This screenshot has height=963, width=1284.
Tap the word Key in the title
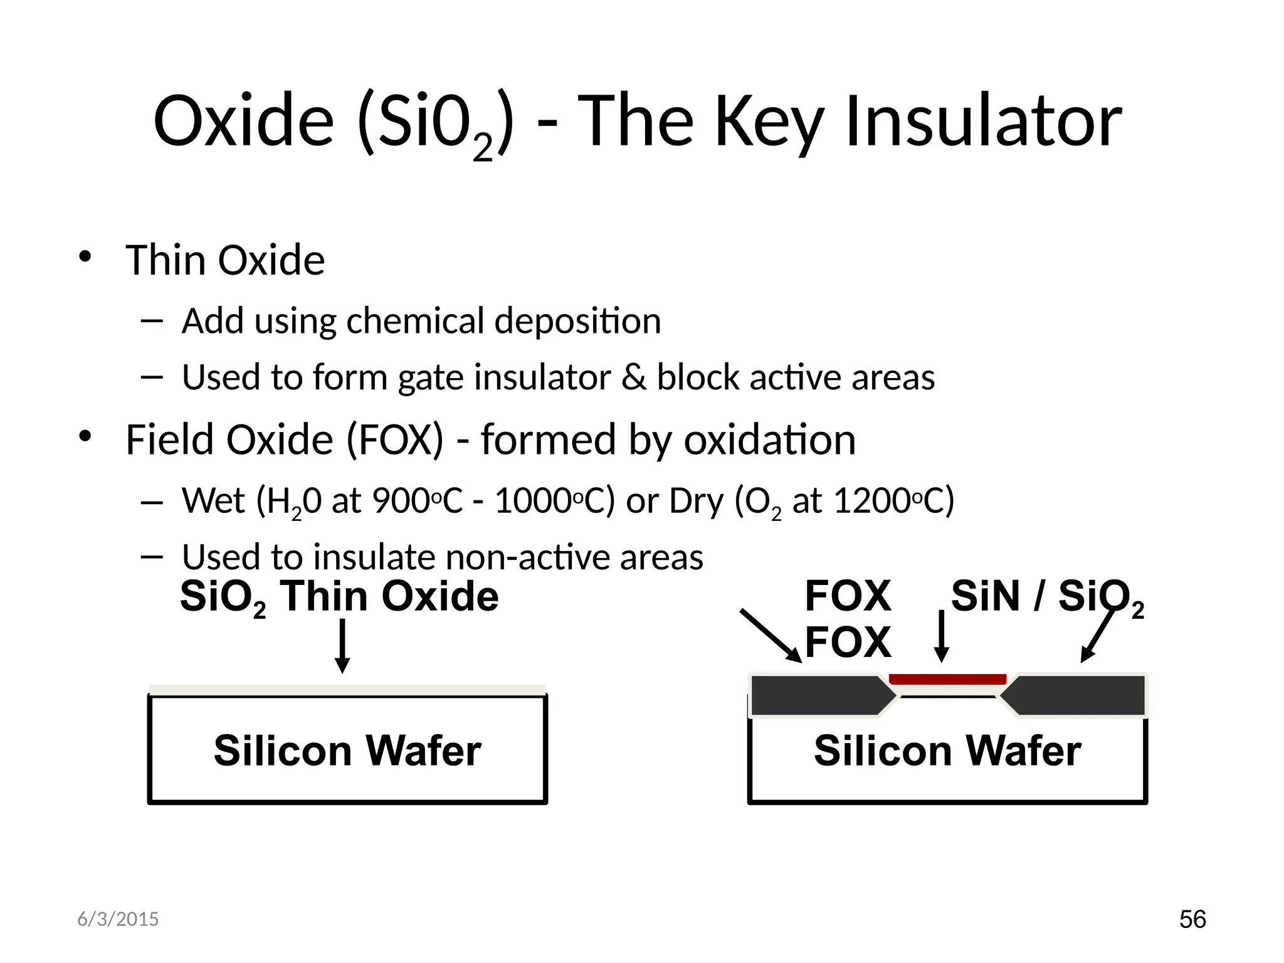tap(769, 122)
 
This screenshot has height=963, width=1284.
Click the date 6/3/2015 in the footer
tap(118, 919)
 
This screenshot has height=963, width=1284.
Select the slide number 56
tap(1192, 919)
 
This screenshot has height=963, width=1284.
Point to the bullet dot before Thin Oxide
tap(85, 257)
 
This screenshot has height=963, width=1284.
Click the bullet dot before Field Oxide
tap(85, 436)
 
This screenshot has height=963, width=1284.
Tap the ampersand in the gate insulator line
tap(634, 377)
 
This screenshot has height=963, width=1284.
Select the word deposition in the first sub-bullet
tap(577, 321)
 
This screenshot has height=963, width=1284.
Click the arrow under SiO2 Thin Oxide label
tap(342, 646)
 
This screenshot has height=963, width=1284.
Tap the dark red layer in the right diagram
tap(947, 679)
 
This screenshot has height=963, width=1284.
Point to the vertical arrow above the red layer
tap(941, 636)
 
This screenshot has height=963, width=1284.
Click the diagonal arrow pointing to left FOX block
tap(771, 635)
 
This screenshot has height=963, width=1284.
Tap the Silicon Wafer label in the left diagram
tap(347, 750)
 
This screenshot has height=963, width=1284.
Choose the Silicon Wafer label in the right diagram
tap(947, 750)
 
